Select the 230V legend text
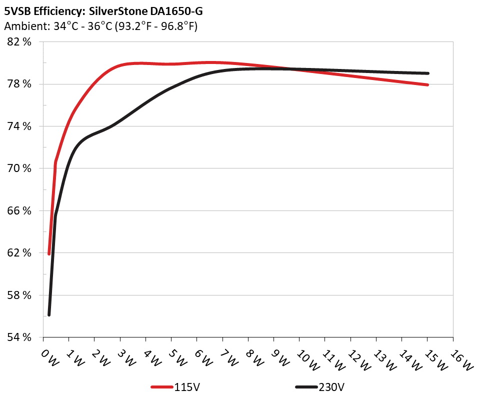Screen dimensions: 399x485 tap(331, 387)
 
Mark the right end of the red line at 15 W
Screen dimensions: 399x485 tap(427, 85)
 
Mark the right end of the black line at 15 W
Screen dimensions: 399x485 tap(427, 73)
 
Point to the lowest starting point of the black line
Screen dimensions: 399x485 tap(49, 314)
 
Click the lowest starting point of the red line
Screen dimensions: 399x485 tap(49, 254)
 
